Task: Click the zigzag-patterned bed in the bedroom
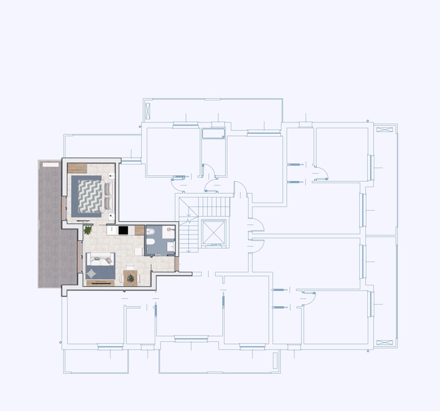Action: click(x=91, y=195)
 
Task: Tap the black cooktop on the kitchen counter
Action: click(x=123, y=230)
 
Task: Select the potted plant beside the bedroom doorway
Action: click(x=88, y=230)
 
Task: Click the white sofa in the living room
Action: click(x=101, y=258)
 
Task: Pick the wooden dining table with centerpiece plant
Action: click(x=130, y=278)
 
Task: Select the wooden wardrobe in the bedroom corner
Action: click(x=78, y=168)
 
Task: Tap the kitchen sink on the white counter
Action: click(x=111, y=230)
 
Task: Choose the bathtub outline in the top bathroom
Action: click(x=214, y=134)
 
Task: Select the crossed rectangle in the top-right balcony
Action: click(x=384, y=129)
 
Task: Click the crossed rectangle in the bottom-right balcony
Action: click(x=384, y=342)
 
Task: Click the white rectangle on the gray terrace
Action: click(x=51, y=164)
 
